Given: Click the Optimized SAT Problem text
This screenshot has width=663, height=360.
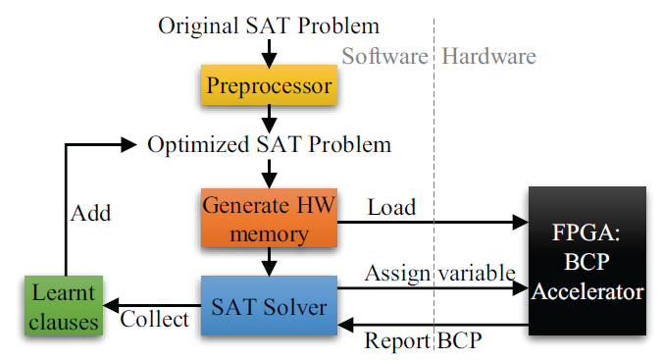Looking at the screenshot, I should [269, 145].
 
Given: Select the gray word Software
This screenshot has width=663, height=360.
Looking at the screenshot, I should [384, 56].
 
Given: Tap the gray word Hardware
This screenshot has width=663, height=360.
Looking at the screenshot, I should [488, 56].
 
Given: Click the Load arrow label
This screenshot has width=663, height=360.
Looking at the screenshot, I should [391, 208].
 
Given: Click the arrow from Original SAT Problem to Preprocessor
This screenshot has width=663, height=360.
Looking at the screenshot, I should [269, 53].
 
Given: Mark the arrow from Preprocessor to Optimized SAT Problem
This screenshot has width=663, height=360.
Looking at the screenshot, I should [269, 120].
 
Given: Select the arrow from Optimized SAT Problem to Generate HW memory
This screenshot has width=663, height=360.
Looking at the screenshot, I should [269, 174].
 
